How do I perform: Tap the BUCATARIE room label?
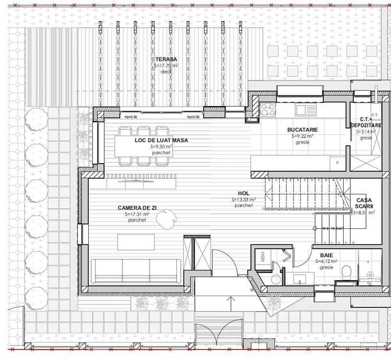pyautogui.click(x=302, y=130)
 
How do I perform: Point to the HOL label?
pyautogui.click(x=243, y=193)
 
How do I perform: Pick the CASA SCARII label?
pyautogui.click(x=369, y=203)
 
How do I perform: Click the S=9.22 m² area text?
pyautogui.click(x=302, y=136)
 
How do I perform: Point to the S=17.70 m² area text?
pyautogui.click(x=166, y=65)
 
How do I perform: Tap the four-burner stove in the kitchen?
pyautogui.click(x=267, y=108)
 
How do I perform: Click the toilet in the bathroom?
pyautogui.click(x=346, y=272)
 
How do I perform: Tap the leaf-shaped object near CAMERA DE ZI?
pyautogui.click(x=166, y=222)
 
